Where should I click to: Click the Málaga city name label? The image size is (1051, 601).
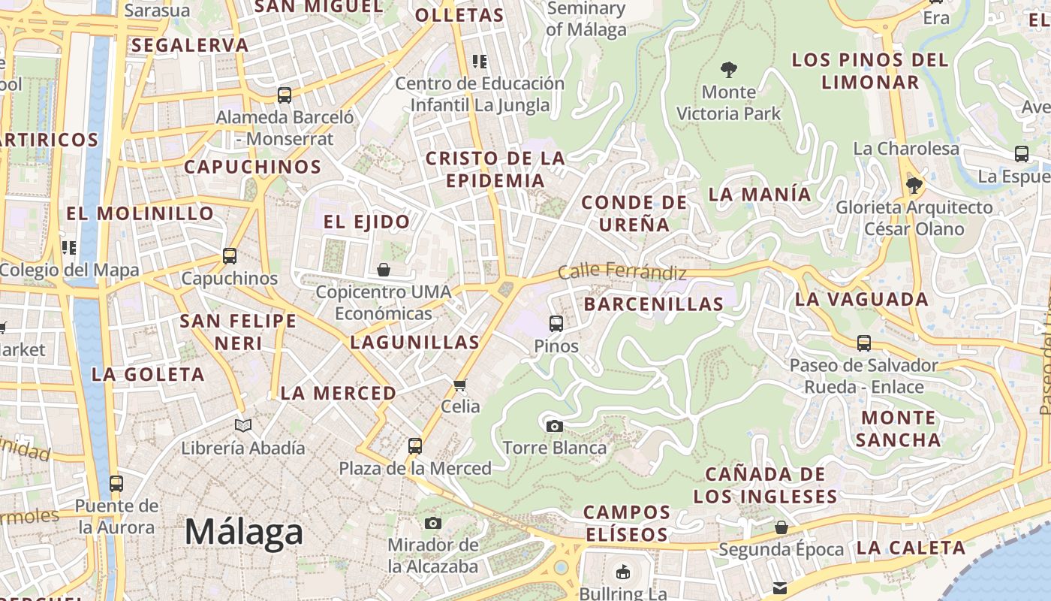244,532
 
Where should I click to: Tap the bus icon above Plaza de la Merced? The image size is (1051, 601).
414,445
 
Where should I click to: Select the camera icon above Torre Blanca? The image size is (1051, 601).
554,426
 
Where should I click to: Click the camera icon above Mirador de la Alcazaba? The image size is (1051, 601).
432,523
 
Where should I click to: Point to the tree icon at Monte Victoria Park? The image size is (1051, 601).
728,70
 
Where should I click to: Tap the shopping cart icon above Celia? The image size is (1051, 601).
460,385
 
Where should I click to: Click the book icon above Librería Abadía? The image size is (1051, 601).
242,425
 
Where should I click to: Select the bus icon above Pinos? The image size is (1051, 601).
556,323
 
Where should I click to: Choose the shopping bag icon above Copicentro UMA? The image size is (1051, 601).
384,269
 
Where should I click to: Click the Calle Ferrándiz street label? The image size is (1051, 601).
622,271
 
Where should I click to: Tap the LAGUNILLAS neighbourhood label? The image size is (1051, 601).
414,343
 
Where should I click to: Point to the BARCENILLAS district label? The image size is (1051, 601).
653,304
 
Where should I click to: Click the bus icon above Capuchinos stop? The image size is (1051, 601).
230,255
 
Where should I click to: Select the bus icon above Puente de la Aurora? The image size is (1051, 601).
116,483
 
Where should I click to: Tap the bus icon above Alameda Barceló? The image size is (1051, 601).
284,95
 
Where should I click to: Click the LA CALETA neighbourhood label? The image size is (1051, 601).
911,548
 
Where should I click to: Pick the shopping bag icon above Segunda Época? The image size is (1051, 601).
781,527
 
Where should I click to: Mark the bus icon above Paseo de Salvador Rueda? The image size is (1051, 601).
863,343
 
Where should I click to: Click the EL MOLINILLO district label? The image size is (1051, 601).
140,213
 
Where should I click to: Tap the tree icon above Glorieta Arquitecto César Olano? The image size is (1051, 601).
914,185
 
